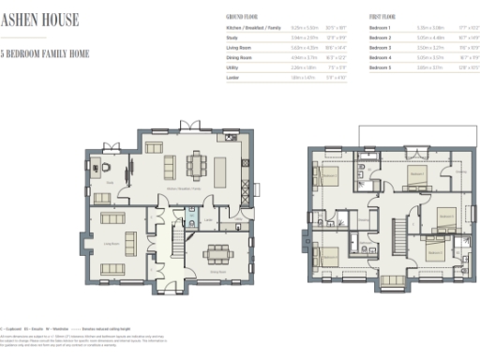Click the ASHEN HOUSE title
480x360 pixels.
point(39,20)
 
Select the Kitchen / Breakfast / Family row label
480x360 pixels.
point(253,30)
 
